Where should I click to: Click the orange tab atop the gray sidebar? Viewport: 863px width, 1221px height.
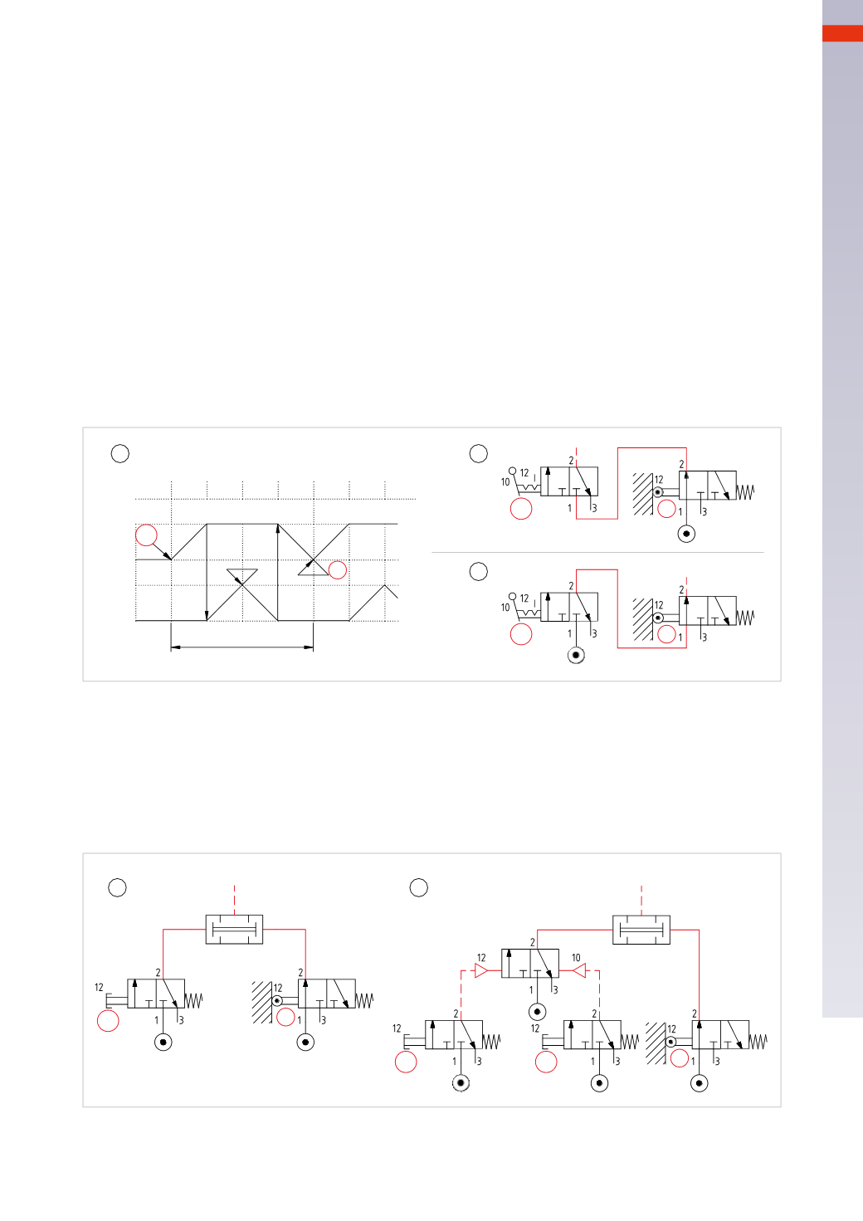point(842,33)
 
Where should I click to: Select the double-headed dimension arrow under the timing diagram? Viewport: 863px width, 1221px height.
point(241,647)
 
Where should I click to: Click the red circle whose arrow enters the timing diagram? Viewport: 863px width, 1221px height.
point(146,535)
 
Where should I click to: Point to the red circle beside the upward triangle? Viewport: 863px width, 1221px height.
point(337,570)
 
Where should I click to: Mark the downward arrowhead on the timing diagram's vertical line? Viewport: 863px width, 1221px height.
point(207,615)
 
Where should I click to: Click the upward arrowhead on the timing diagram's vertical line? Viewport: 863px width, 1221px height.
point(277,529)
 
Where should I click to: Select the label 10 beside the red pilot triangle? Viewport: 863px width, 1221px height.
point(576,958)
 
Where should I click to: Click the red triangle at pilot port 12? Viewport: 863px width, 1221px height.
point(480,970)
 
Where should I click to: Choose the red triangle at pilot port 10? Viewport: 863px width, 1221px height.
point(579,970)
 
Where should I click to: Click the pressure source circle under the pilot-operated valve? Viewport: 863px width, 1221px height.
point(537,1013)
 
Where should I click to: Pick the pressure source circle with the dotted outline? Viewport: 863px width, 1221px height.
point(461,1083)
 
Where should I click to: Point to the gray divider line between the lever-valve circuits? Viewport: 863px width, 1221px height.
point(597,553)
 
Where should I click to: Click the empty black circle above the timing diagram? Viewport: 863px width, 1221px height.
point(120,453)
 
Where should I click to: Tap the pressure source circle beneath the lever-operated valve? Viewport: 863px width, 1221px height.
point(576,656)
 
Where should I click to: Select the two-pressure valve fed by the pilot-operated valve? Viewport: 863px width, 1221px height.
point(641,930)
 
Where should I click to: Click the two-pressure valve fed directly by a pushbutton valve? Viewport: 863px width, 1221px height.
point(234,930)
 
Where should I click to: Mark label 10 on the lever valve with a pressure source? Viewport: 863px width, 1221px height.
point(505,608)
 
